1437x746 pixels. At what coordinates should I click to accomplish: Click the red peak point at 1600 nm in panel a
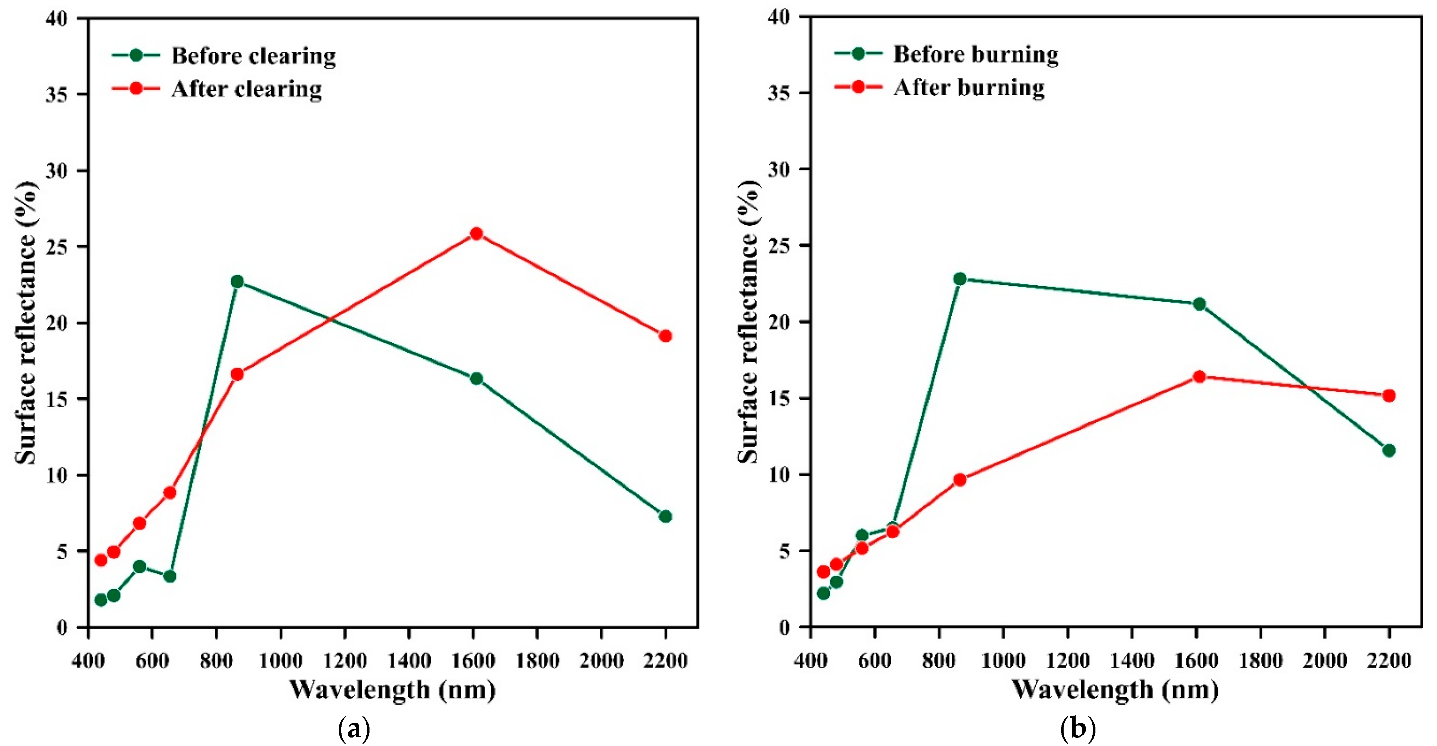pos(476,233)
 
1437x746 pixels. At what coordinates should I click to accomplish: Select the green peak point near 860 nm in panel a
pos(237,282)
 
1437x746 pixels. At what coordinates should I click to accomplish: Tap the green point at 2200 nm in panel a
pos(665,516)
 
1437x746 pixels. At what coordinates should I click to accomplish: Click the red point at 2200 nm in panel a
pos(665,336)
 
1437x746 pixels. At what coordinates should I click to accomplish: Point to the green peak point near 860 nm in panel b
pos(960,279)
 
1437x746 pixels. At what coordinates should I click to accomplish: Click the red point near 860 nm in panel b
pos(960,480)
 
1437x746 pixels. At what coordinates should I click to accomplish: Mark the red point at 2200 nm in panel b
pos(1389,395)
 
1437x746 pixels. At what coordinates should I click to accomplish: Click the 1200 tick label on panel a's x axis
pos(344,661)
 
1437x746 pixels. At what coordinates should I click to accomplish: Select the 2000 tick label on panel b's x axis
pos(1324,661)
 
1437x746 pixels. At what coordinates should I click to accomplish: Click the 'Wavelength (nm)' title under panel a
pos(392,690)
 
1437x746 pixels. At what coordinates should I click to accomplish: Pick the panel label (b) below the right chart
pos(1077,728)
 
